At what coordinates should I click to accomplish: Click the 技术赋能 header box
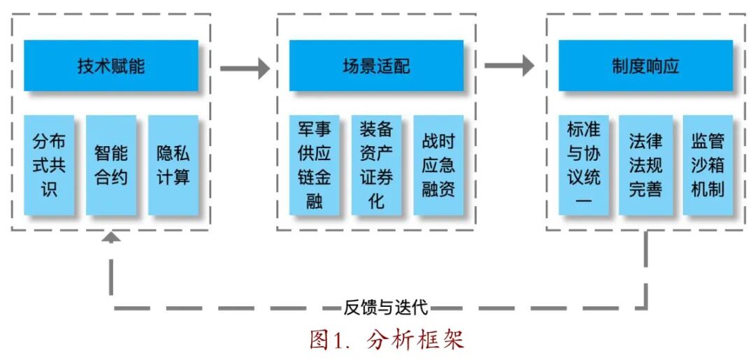coord(111,66)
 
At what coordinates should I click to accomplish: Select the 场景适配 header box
coord(376,66)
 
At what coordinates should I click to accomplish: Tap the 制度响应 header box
coord(645,66)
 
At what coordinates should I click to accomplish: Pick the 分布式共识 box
coord(49,165)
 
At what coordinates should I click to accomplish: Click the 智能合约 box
coord(111,165)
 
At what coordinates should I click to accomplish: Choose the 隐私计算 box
coord(173,165)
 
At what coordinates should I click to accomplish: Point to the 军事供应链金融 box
coord(315,165)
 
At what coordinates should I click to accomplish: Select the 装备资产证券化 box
coord(377,165)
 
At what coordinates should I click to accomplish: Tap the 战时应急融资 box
coord(438,165)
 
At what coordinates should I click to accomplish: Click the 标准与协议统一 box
coord(583,165)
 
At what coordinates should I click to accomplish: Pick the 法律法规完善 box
coord(645,165)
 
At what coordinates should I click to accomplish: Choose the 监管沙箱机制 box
coord(707,165)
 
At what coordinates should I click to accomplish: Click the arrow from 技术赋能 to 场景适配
coord(245,68)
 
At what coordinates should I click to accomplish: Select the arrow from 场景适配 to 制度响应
coord(509,66)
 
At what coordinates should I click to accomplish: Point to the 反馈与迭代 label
coord(386,307)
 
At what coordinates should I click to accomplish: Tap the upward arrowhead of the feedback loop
coord(111,238)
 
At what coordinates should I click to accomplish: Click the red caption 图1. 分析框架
coord(387,340)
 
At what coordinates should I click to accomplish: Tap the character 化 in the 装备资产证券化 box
coord(377,201)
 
